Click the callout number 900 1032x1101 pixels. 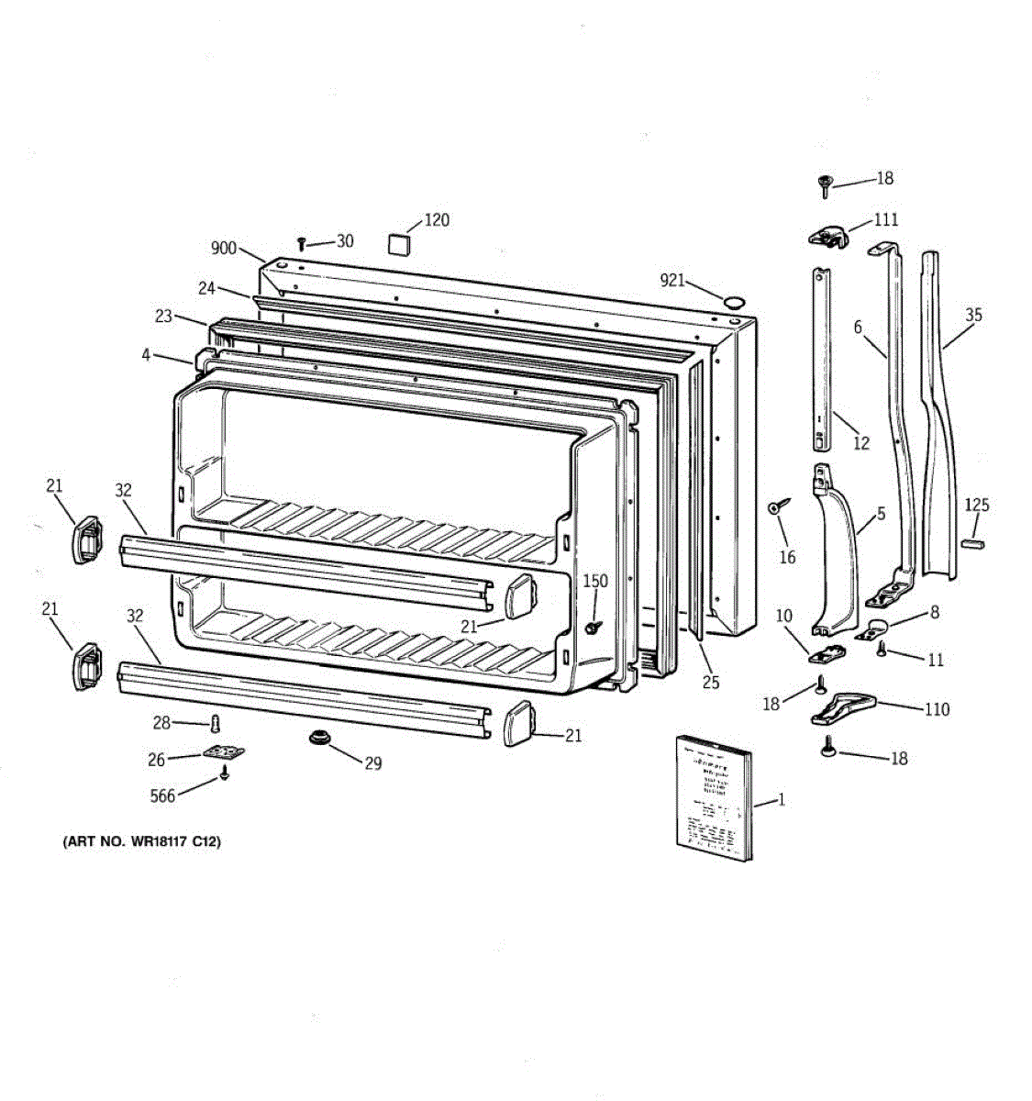tap(224, 249)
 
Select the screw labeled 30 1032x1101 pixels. tap(301, 243)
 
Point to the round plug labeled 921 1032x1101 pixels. tap(734, 301)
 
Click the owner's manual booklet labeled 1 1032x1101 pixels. tap(714, 796)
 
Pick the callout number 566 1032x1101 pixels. tap(162, 795)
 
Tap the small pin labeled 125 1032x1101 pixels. tap(972, 542)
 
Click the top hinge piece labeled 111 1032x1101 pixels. tap(828, 236)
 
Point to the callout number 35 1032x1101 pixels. tap(973, 315)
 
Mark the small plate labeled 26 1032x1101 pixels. tap(224, 753)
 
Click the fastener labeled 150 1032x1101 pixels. tap(594, 628)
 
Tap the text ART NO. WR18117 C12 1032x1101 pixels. tap(141, 841)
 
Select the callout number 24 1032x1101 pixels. tap(206, 288)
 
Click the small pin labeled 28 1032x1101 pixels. tap(216, 723)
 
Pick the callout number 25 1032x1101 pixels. tap(711, 682)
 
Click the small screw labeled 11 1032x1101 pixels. tap(882, 650)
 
